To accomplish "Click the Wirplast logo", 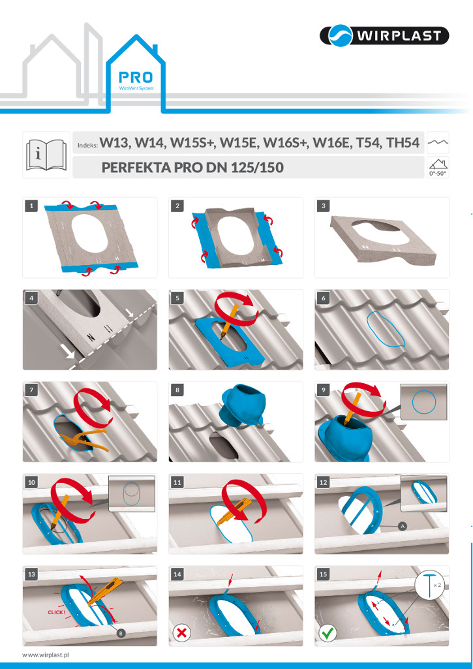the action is (384, 35).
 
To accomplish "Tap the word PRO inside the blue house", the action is (135, 77).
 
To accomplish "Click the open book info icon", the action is (46, 154).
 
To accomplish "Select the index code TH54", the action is (402, 143).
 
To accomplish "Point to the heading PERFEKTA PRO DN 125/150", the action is (192, 167).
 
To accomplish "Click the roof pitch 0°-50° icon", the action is (438, 167).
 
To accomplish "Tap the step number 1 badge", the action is (31, 206).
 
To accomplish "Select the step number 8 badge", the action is (177, 390).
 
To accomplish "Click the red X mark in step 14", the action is (181, 632).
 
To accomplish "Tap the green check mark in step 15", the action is (327, 632).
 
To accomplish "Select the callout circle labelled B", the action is (121, 634).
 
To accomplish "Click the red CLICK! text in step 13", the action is (56, 612).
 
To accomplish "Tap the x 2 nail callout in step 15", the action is (429, 587).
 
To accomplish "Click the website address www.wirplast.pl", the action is (46, 654).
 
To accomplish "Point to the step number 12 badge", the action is (323, 482).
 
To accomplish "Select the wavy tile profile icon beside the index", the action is (438, 143).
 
